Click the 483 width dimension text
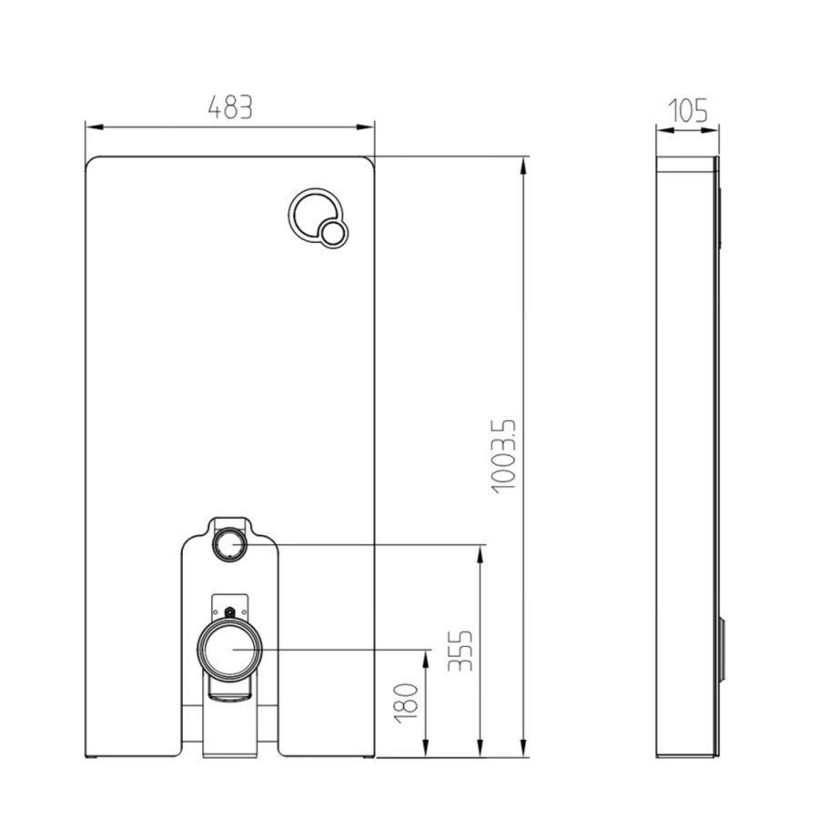point(229,107)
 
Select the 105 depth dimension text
point(688,111)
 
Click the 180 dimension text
point(409,703)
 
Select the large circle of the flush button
point(311,215)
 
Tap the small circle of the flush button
point(333,234)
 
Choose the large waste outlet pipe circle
point(231,650)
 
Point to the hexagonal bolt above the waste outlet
point(230,613)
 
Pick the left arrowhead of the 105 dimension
point(662,132)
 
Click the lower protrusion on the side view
point(723,651)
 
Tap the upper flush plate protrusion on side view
point(720,217)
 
